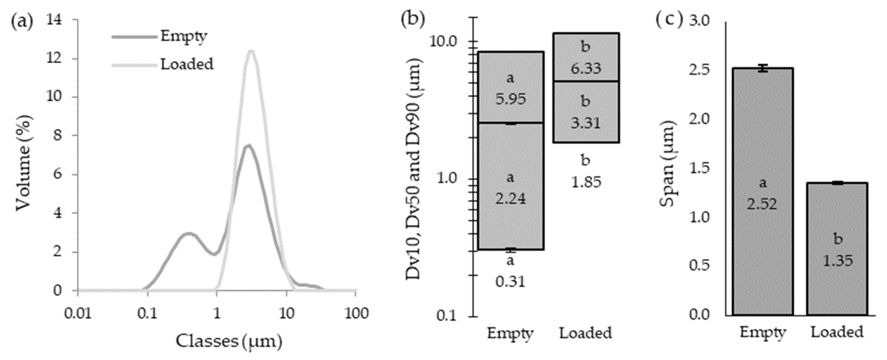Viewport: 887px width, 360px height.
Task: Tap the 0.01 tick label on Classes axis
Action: [x=78, y=314]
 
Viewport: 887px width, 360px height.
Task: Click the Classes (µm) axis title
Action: [x=229, y=341]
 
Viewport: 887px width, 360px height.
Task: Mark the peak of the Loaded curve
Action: [x=251, y=52]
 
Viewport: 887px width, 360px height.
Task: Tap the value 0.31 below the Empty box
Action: [x=510, y=282]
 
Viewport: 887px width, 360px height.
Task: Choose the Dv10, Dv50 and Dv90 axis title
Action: [x=414, y=169]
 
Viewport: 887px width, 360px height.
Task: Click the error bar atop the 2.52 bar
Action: [x=763, y=68]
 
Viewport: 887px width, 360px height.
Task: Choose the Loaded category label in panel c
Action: [x=837, y=332]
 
